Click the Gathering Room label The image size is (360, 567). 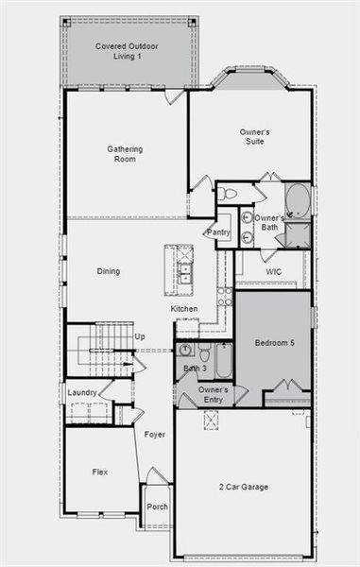pos(125,154)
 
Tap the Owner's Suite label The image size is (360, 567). pos(254,137)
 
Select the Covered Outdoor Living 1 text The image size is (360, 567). pos(127,51)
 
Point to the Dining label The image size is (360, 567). pos(109,271)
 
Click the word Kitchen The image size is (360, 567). pos(184,309)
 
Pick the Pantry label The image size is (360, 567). pos(218,232)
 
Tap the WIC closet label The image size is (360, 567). pos(274,272)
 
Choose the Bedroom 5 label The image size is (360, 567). pos(275,343)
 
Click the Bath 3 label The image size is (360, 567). pos(196,369)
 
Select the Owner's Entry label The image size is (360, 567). pos(214,395)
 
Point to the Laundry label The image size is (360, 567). pos(82,393)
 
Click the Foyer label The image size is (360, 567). pos(155,435)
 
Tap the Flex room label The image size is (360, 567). pos(100,472)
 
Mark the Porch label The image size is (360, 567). pos(157,507)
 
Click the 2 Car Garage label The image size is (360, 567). pos(244,487)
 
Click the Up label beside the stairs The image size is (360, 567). pos(140,336)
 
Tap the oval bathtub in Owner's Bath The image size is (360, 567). pos(298,200)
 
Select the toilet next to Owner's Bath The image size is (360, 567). pos(227,194)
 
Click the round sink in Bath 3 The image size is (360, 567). pos(186,350)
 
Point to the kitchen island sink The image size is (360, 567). pos(185,274)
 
